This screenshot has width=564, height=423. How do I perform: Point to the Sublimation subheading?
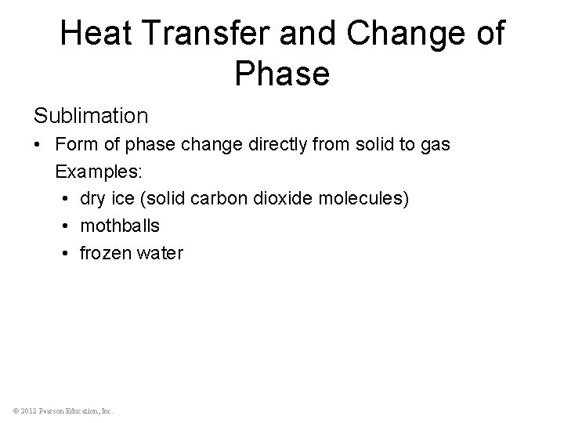point(91,116)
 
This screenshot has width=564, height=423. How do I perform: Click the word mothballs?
point(120,226)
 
